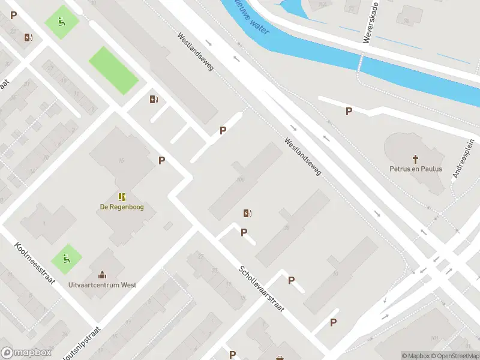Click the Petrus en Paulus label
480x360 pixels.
click(416, 169)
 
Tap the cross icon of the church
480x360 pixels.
click(415, 158)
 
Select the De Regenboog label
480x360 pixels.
click(122, 207)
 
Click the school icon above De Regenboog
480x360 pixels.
click(122, 197)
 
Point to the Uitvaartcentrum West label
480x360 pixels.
click(102, 284)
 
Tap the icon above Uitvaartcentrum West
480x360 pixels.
click(102, 275)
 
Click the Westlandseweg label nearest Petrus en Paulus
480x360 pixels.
click(303, 157)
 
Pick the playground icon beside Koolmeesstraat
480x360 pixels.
click(66, 259)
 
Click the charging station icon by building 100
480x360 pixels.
click(247, 213)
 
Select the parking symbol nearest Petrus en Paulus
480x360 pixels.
click(349, 111)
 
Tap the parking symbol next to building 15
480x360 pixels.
click(161, 160)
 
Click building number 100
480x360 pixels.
click(241, 179)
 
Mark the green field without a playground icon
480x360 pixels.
click(113, 71)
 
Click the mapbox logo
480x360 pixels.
click(26, 352)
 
